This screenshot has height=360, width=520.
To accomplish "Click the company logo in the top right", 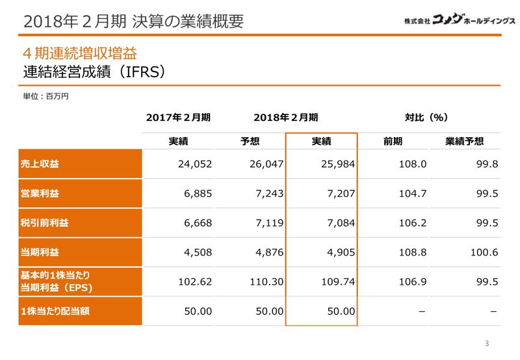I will tap(459, 20).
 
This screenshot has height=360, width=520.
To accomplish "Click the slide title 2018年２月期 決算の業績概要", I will tap(133, 21).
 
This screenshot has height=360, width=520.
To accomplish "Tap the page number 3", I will tap(487, 343).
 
